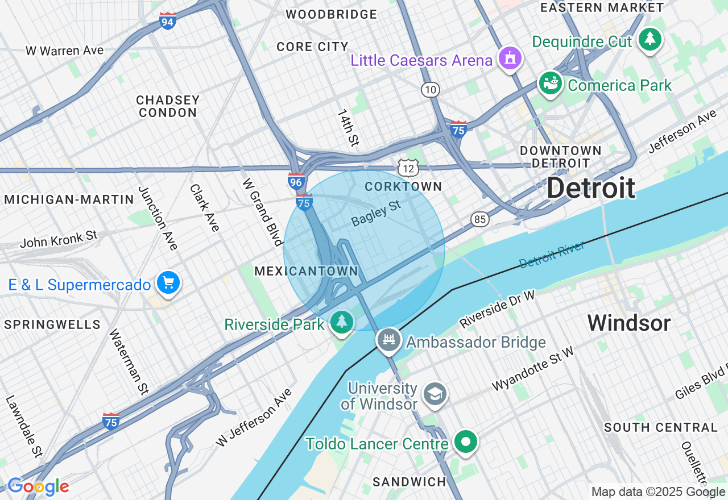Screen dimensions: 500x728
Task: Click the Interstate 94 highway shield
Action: [168, 21]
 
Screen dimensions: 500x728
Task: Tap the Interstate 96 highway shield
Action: [296, 181]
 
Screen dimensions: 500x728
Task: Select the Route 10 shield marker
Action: [431, 89]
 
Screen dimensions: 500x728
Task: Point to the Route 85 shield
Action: [479, 219]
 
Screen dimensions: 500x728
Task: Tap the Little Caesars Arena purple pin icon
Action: [510, 59]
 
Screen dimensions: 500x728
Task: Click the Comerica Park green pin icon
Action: [550, 84]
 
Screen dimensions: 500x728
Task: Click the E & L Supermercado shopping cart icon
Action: [168, 283]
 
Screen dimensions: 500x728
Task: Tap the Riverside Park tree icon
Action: [341, 322]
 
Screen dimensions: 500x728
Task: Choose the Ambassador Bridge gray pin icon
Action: [389, 340]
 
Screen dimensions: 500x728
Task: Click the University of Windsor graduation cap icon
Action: [435, 394]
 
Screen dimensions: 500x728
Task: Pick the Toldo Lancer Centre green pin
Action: [466, 441]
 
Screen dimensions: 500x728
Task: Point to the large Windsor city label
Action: [629, 323]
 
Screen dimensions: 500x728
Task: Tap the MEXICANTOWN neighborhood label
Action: [306, 271]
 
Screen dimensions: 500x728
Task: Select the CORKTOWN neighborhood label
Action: [403, 186]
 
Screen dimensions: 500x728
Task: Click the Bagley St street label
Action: [376, 213]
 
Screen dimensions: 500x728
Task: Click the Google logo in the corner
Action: [38, 487]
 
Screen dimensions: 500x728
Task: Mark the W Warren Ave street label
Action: [64, 51]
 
